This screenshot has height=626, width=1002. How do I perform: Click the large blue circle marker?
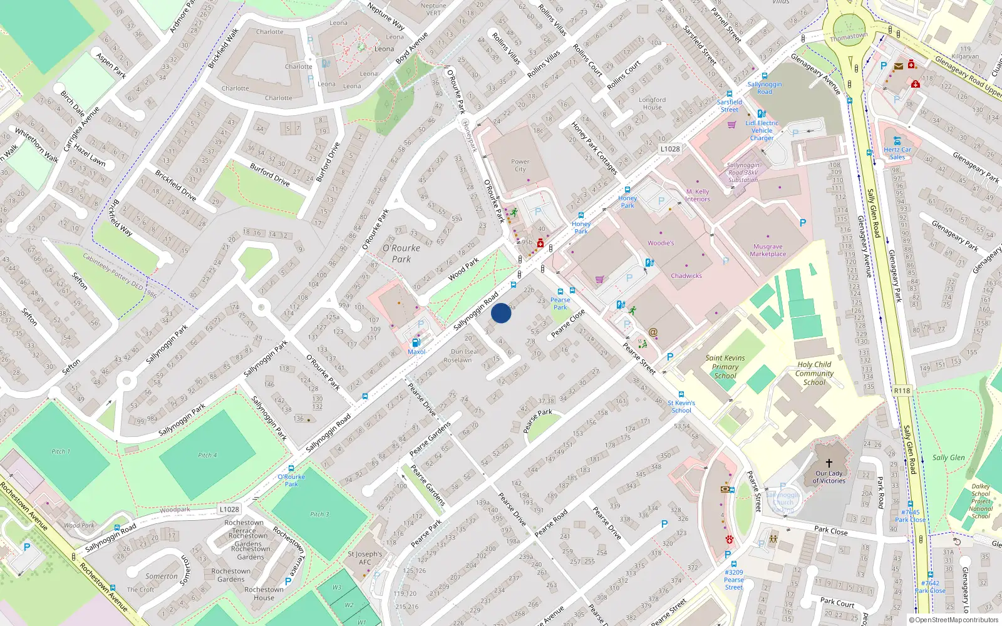pos(501,313)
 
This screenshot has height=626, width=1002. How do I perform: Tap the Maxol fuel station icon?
pos(415,342)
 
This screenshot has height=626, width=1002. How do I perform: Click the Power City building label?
pos(520,165)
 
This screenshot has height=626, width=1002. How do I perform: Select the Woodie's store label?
pos(661,243)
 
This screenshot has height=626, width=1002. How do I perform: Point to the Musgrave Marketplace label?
pos(768,250)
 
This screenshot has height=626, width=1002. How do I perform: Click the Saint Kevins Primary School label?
pos(725,367)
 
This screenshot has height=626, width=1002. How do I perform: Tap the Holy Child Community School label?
pos(814,373)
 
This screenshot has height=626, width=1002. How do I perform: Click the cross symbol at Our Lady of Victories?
pos(829,463)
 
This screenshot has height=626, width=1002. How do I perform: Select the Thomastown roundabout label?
pos(849,36)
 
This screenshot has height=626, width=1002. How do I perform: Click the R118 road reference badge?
pos(902,391)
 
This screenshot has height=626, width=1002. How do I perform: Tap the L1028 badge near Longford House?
pos(669,149)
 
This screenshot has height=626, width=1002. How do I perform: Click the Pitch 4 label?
pos(207,455)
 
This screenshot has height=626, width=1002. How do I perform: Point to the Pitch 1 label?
pos(61,451)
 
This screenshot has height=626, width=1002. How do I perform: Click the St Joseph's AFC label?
pos(365,558)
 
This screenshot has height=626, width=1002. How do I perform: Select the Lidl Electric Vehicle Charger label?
pos(762,130)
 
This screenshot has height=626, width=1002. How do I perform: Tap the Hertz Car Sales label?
pos(897,153)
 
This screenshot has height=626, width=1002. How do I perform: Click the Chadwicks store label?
pos(686,275)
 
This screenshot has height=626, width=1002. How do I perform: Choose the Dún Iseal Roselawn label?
pos(466,356)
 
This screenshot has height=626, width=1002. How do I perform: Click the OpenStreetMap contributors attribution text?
pos(954,620)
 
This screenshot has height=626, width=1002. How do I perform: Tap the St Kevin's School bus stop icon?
pos(681,394)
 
